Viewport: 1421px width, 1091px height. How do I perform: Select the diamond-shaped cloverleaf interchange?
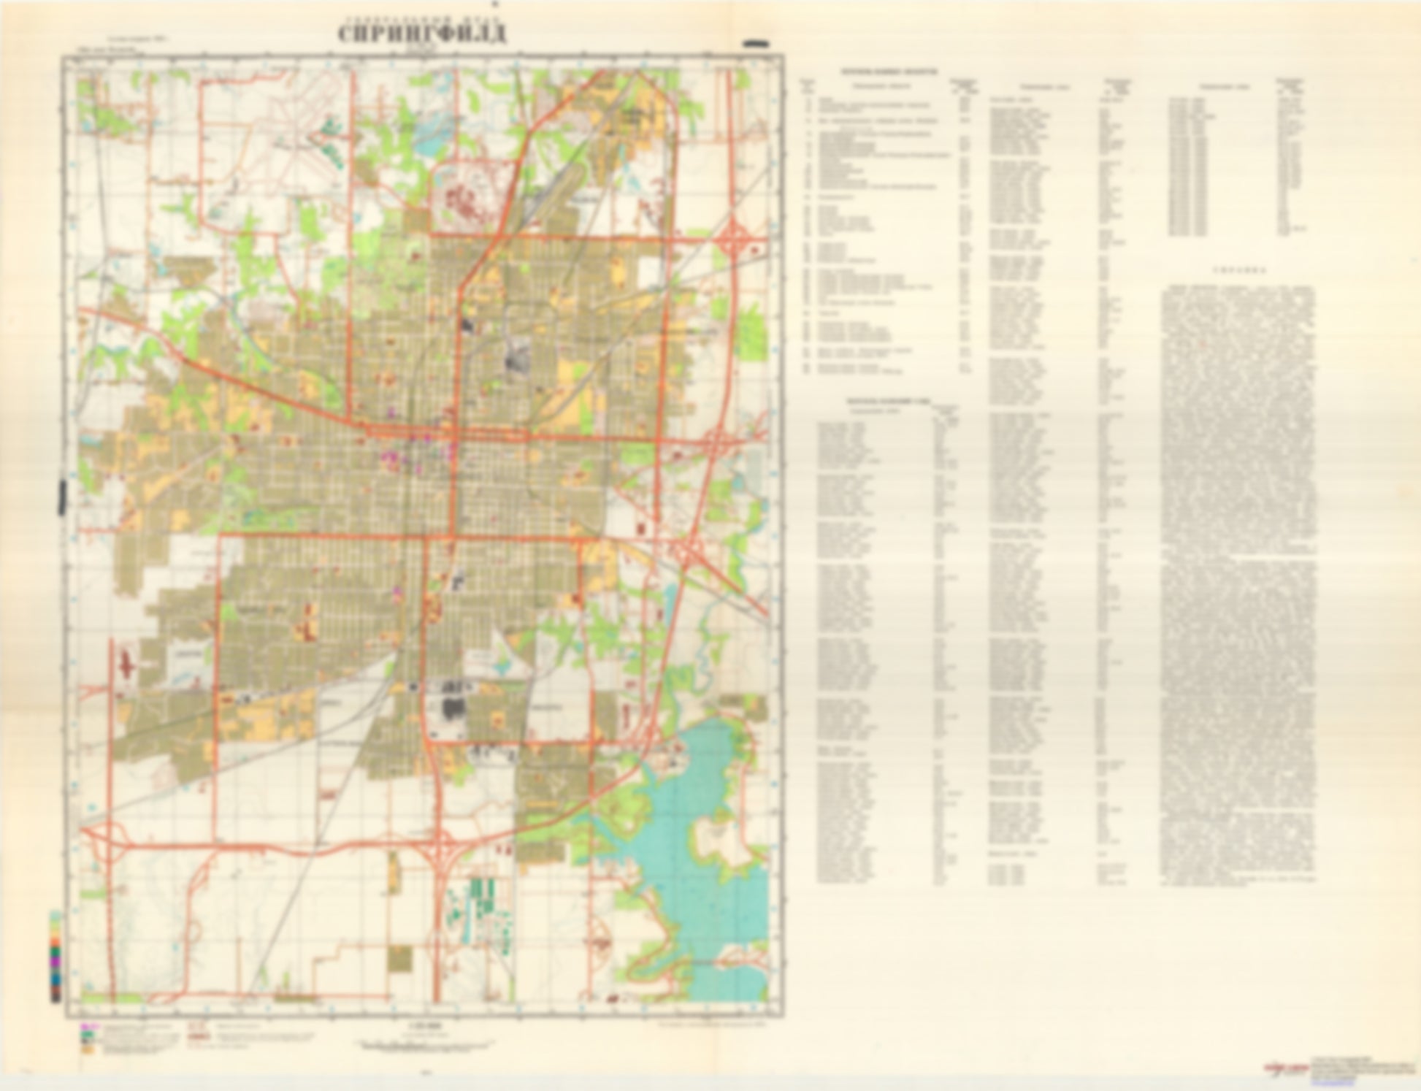pos(737,239)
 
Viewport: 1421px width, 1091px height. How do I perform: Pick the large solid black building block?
pos(453,708)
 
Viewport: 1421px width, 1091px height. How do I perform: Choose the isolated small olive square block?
pos(400,958)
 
